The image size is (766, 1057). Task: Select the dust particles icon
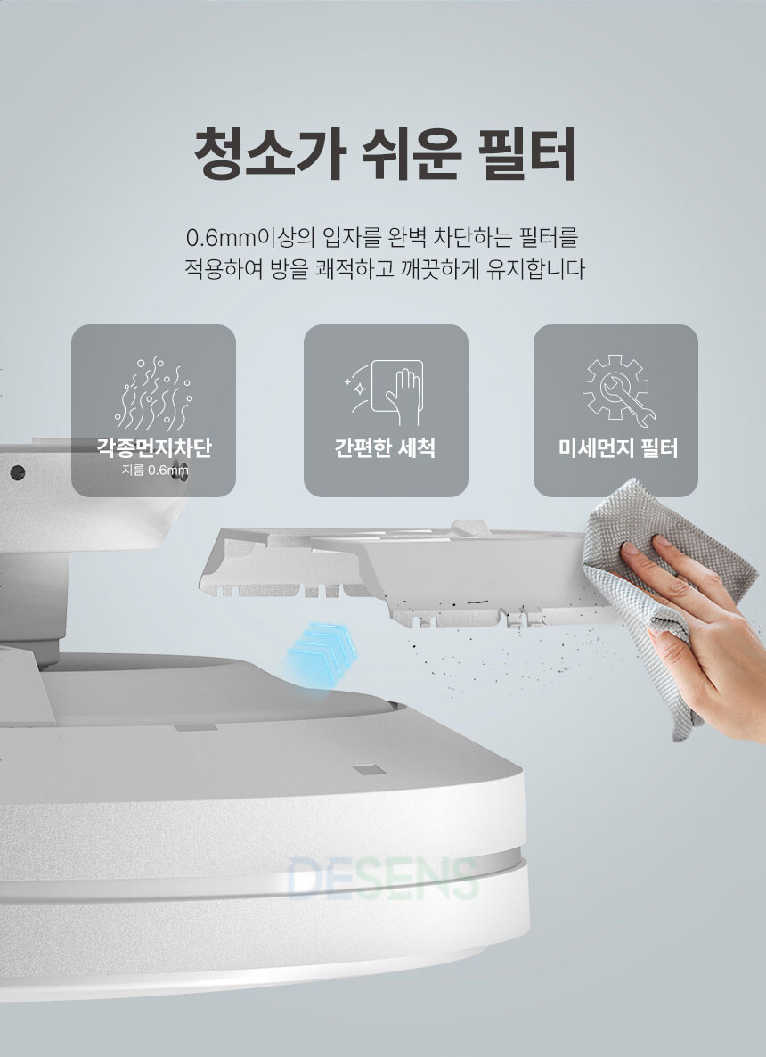click(153, 394)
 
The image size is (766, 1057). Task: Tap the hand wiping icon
click(385, 392)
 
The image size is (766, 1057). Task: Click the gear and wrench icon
click(617, 390)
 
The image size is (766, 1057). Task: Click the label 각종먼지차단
click(153, 448)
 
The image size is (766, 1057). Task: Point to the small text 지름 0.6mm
click(155, 470)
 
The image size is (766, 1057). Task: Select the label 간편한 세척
click(385, 448)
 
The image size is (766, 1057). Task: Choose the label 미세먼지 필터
click(617, 448)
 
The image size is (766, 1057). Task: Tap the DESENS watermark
click(383, 879)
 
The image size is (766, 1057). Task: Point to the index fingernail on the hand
click(629, 549)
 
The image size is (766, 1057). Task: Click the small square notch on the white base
click(370, 770)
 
